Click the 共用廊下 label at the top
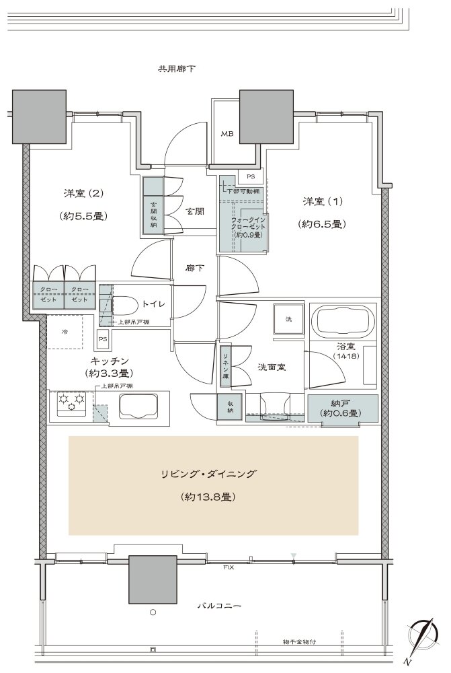176,69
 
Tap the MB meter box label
227,133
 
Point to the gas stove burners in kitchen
72,404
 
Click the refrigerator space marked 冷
65,332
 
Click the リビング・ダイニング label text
212,474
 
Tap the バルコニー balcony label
218,606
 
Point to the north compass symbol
425,635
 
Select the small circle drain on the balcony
153,612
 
